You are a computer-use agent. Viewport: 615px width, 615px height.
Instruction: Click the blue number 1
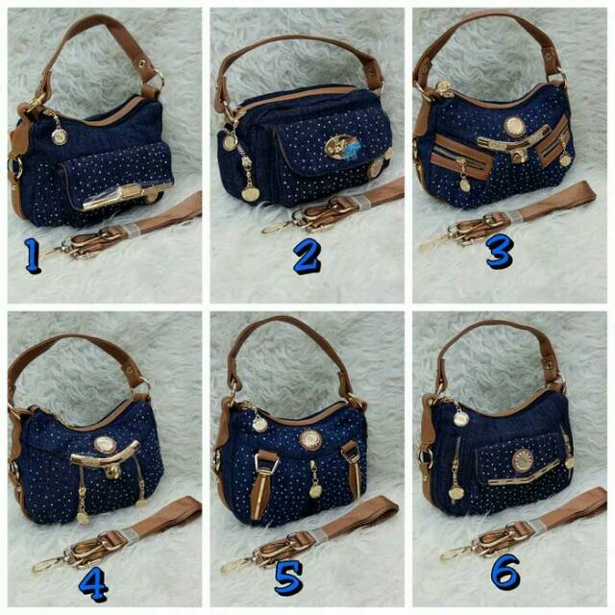32,255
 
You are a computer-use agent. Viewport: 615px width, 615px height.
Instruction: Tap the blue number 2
306,258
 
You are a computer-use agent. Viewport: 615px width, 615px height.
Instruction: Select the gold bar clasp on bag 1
111,200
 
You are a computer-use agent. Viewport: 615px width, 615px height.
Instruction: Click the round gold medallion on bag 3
514,126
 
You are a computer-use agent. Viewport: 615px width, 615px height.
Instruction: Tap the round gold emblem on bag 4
103,444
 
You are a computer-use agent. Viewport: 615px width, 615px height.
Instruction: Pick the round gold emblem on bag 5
309,439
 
